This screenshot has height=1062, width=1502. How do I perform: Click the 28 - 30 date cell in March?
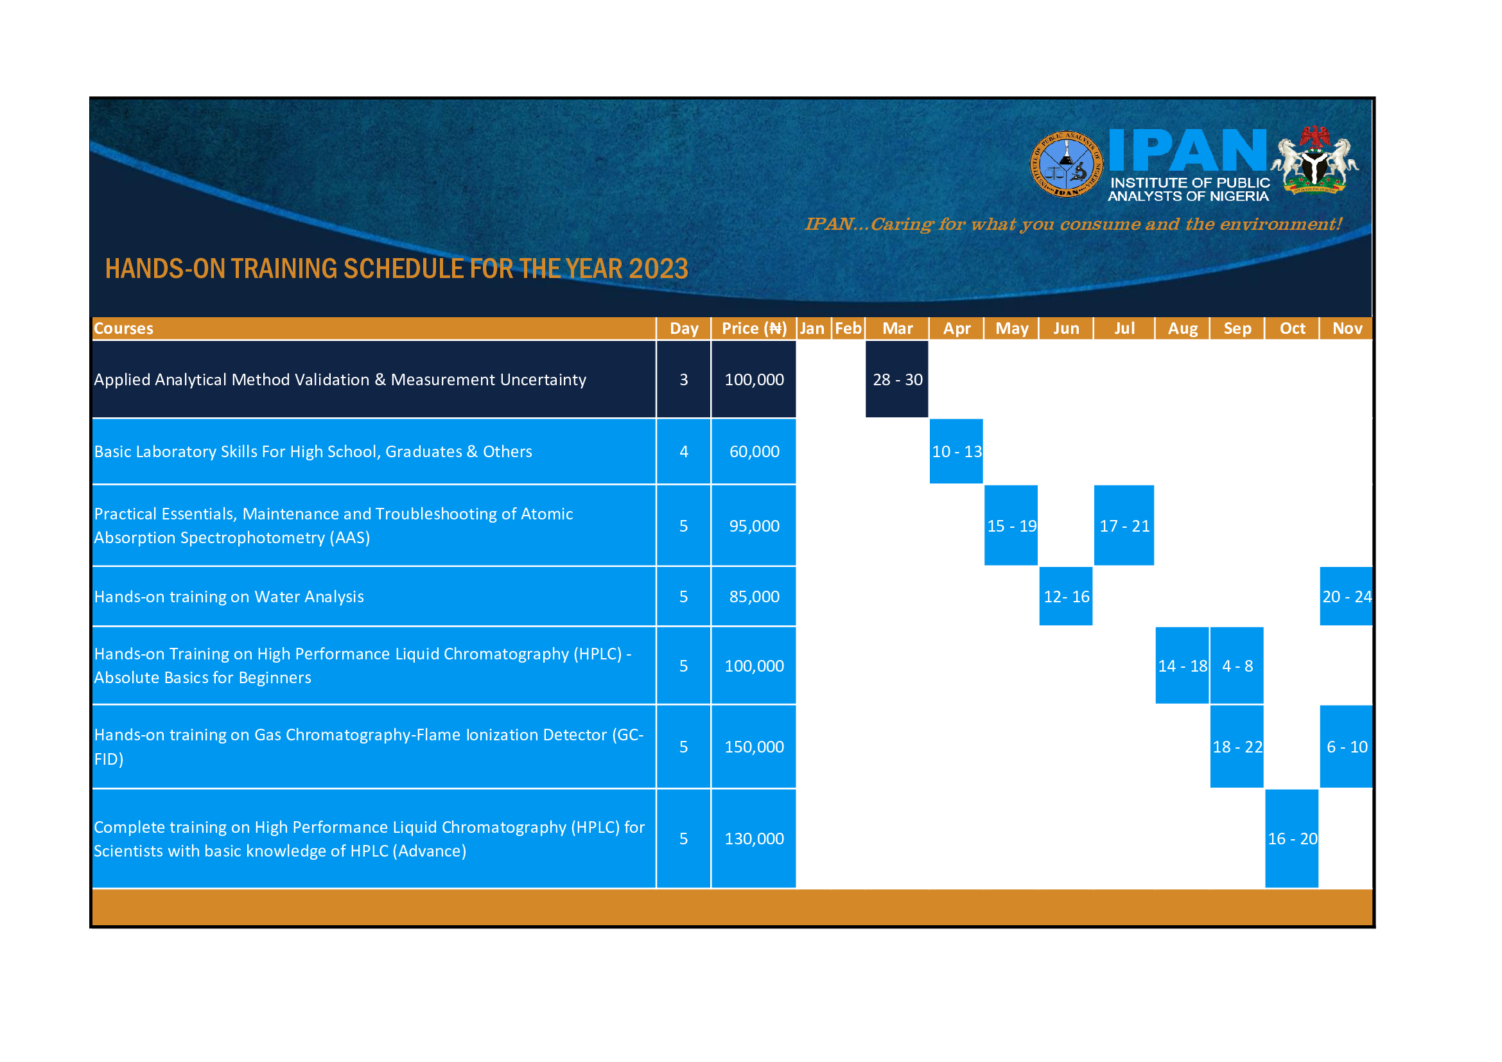(897, 379)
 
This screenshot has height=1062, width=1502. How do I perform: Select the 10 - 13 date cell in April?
(956, 451)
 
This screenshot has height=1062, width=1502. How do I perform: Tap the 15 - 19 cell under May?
(1011, 525)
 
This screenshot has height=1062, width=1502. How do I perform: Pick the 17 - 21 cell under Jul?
(1124, 525)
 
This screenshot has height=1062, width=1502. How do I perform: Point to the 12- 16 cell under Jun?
(1067, 596)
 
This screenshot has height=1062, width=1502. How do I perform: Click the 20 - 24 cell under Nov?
(1347, 596)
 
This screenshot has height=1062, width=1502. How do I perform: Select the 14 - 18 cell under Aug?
(1182, 665)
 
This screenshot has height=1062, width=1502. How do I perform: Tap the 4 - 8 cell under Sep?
(1237, 665)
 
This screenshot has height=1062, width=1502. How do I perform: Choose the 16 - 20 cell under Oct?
(1292, 839)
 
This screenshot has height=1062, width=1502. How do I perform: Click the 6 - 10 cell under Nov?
(1347, 746)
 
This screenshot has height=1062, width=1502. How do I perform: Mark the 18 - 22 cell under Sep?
(1237, 746)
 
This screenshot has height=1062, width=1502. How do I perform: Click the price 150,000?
(755, 747)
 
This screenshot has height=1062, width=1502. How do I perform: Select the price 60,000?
(755, 451)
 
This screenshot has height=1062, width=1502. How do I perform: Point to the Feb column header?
(848, 328)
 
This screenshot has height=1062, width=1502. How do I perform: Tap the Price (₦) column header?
(755, 328)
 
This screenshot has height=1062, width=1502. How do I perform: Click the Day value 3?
(684, 379)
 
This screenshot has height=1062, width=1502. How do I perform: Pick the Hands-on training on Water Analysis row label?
(229, 596)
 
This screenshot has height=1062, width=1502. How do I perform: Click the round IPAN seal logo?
(1067, 164)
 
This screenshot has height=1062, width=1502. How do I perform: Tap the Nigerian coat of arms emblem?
(1315, 161)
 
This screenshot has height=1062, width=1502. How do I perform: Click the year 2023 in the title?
(658, 269)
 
